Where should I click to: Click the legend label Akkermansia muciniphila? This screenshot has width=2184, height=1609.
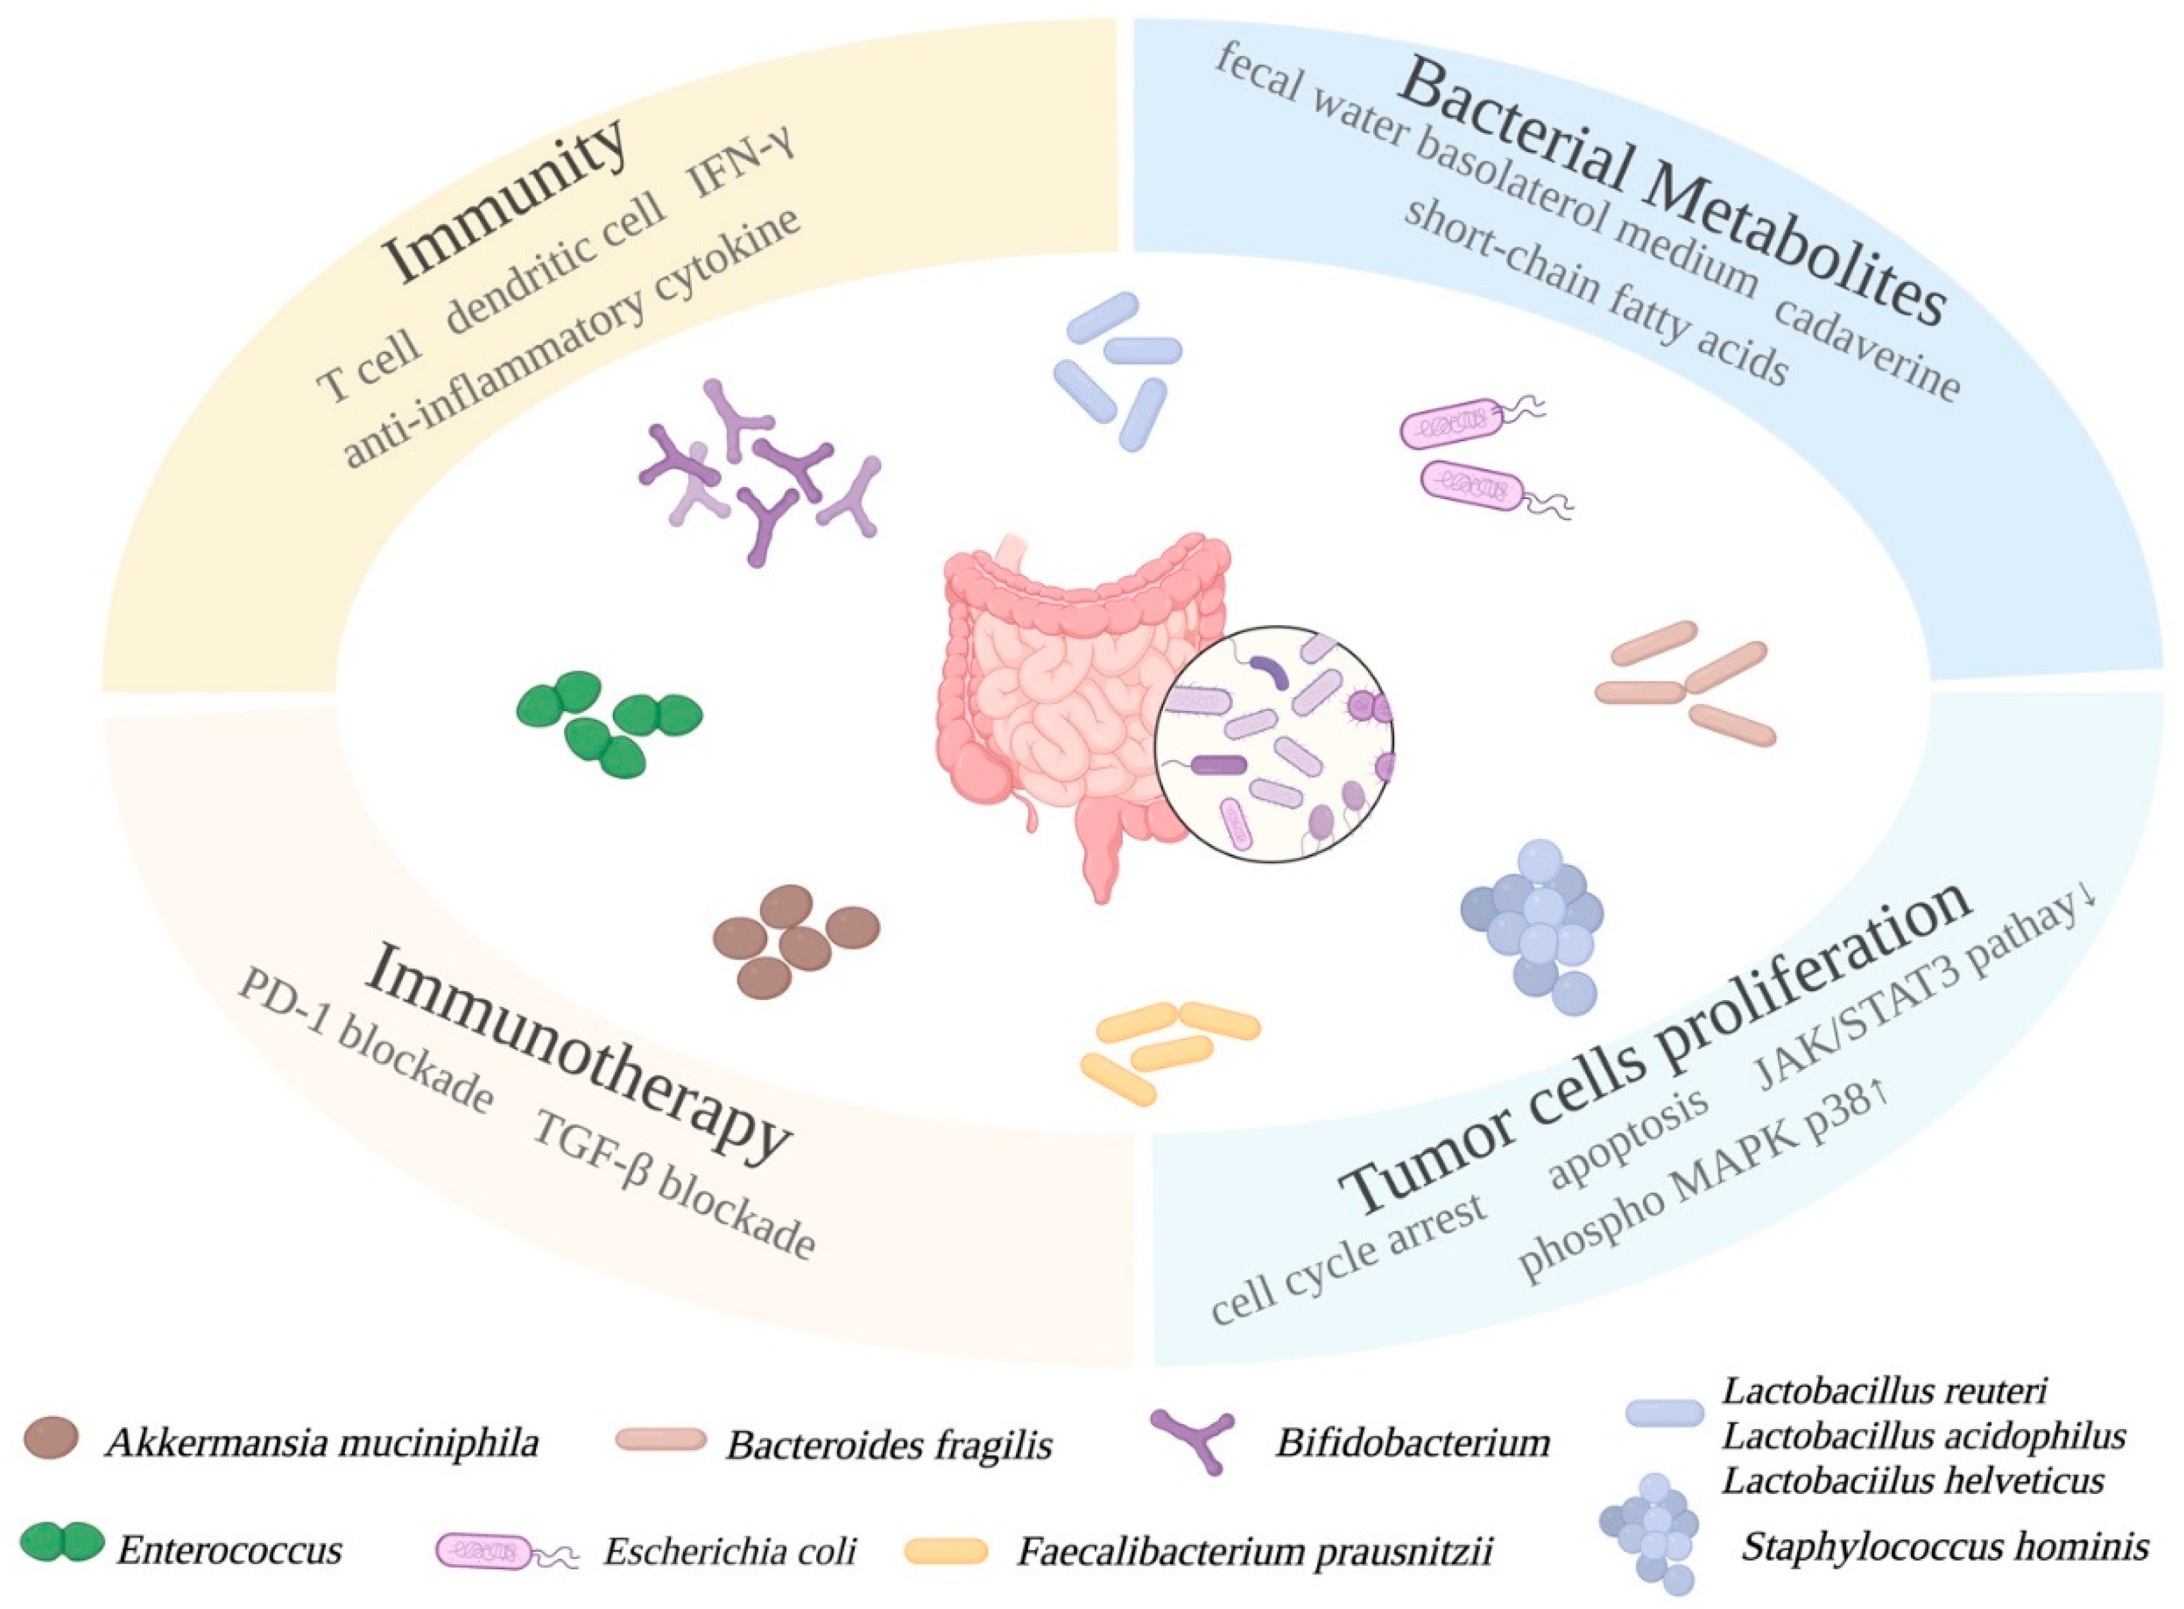click(x=321, y=1443)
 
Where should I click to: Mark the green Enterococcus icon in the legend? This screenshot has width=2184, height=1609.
click(x=64, y=1543)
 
